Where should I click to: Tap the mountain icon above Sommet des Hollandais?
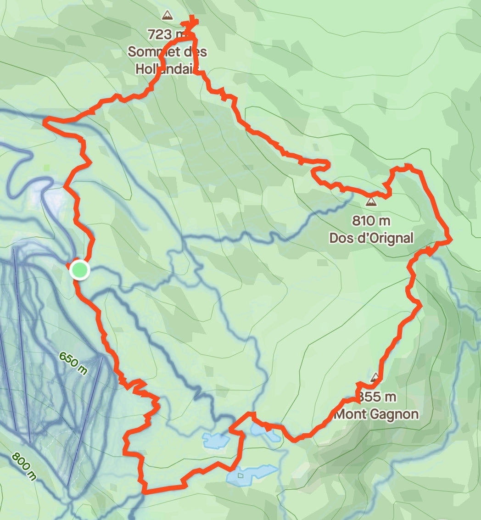click(x=168, y=16)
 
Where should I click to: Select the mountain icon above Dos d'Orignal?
click(x=371, y=202)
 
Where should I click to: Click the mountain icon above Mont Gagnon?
click(x=375, y=378)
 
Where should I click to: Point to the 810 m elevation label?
click(x=371, y=221)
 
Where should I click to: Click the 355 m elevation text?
click(x=377, y=397)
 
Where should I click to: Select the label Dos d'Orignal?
click(x=371, y=238)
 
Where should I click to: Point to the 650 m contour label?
click(x=73, y=363)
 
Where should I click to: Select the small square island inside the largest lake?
click(x=240, y=475)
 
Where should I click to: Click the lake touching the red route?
click(x=265, y=432)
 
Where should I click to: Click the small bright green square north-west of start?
click(x=47, y=168)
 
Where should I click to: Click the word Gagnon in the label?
click(x=396, y=414)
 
